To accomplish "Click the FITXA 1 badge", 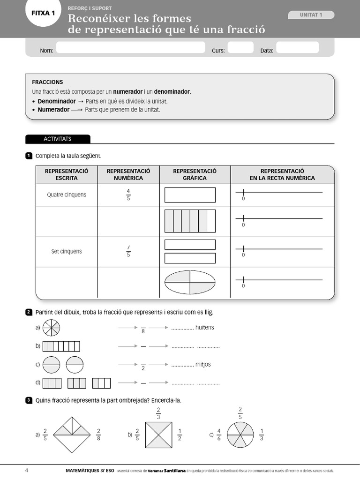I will tap(43, 14).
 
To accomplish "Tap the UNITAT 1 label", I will tap(311, 15).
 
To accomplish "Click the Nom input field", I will tap(130, 48).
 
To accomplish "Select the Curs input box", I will tap(240, 48).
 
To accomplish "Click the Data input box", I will tap(297, 48).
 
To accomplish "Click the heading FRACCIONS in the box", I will tap(47, 82).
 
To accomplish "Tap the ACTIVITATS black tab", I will tap(57, 139).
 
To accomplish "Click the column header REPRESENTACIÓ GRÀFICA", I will tap(195, 174).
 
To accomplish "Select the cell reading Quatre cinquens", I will tap(67, 195).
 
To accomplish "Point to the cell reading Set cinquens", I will tap(67, 251).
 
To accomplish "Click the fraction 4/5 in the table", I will tap(128, 195).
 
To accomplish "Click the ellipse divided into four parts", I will tap(190, 282).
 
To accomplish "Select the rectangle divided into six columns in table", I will tap(190, 221).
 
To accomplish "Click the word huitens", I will tap(204, 328).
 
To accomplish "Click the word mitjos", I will tap(203, 364).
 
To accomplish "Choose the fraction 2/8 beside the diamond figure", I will tap(99, 435).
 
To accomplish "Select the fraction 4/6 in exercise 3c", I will tap(218, 435).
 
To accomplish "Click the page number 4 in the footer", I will tap(27, 470).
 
